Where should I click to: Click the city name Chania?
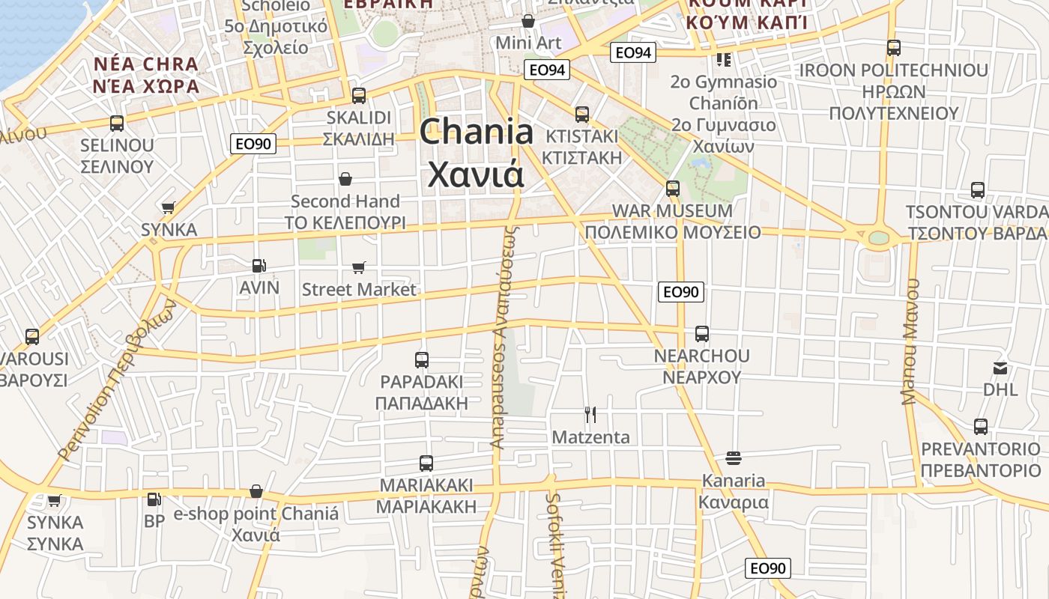(x=477, y=133)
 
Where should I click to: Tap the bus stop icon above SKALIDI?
(x=359, y=96)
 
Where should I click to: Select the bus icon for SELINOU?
(x=117, y=124)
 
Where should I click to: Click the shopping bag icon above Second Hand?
(x=345, y=179)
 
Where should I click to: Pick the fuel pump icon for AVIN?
(x=259, y=265)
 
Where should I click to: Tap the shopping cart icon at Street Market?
(x=359, y=267)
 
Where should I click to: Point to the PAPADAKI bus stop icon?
(x=422, y=360)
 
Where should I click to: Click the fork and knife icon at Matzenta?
(x=590, y=414)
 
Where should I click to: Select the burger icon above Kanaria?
(x=734, y=457)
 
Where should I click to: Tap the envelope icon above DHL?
(x=1000, y=368)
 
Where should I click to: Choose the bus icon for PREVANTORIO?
(x=981, y=427)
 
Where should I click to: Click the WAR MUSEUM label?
(x=672, y=211)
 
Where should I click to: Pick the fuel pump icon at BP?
(x=154, y=499)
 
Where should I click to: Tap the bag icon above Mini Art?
(x=528, y=21)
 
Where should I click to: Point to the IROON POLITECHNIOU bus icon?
(x=894, y=48)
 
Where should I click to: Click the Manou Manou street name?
(x=910, y=341)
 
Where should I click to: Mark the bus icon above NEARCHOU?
(x=702, y=333)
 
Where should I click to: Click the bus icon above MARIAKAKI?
(x=426, y=463)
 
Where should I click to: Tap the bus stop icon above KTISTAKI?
(x=582, y=115)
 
